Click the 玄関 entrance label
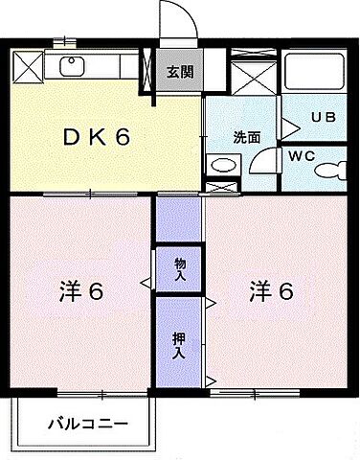coord(179,73)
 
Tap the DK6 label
coord(96,136)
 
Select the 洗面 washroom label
coord(246,137)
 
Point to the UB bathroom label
coord(323,118)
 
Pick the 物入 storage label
coord(179,267)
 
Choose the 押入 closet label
coord(179,344)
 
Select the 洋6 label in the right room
coord(271,288)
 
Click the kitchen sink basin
coord(72,65)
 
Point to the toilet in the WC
coord(331,171)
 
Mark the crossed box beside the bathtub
coord(252,73)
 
